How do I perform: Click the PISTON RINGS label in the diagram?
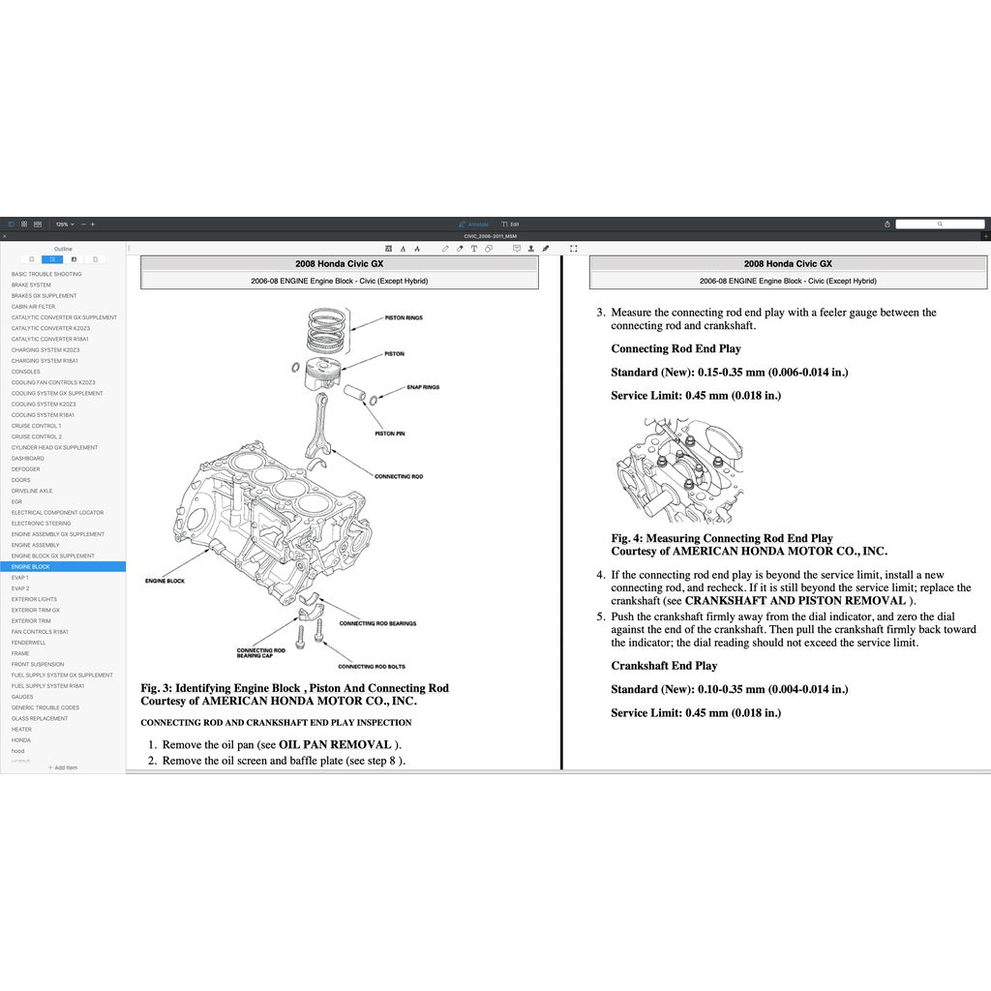(404, 317)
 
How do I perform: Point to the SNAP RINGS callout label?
(422, 387)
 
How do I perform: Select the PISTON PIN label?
(389, 434)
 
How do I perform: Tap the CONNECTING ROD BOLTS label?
(371, 666)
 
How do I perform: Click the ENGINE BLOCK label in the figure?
(165, 581)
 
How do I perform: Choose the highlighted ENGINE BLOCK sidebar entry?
(31, 567)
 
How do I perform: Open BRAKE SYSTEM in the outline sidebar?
(31, 285)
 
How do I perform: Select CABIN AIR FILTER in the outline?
(33, 307)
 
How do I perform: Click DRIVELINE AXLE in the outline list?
(32, 491)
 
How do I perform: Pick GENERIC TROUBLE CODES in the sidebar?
(45, 707)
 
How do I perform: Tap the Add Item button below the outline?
(63, 767)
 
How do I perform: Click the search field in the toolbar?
(939, 224)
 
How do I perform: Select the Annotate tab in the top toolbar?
(474, 224)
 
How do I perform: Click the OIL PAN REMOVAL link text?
(335, 745)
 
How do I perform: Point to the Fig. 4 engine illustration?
(680, 471)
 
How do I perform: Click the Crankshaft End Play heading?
(664, 666)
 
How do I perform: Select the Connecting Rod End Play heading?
(676, 348)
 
